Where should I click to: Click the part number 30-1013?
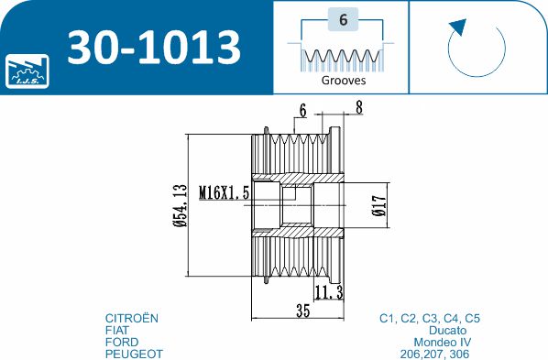pos(154,48)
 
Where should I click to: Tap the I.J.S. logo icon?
pos(27,71)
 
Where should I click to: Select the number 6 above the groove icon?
pos(344,19)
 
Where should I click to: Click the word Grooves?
pos(344,81)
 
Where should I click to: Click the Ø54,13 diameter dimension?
pos(181,205)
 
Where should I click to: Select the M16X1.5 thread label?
pos(224,192)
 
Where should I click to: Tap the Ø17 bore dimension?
pos(379,205)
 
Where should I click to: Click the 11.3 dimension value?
pos(329,292)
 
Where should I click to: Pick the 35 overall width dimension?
pos(302,310)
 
